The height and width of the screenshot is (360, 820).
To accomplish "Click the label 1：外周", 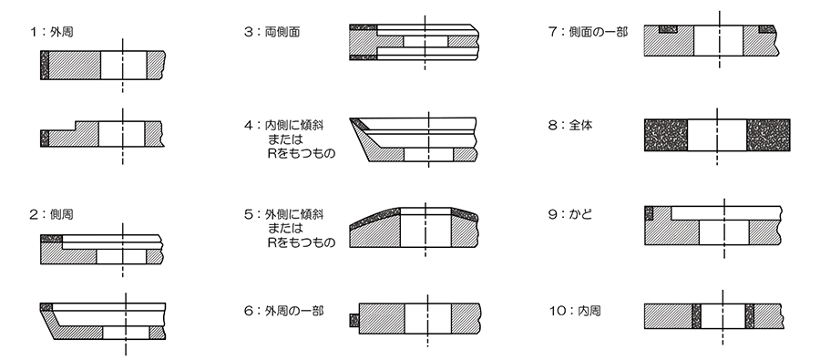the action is [x=51, y=32].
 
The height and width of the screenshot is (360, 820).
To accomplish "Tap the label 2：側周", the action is [x=51, y=214].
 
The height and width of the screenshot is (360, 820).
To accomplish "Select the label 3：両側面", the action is [x=272, y=32].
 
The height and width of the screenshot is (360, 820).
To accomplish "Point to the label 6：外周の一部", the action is [x=284, y=311].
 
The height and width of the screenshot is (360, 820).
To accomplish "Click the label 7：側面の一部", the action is [x=588, y=32].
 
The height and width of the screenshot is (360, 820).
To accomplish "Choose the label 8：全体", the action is [x=570, y=126].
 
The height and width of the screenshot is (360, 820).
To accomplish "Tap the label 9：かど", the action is [x=570, y=214].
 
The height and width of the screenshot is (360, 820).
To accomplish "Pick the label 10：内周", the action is [x=575, y=311].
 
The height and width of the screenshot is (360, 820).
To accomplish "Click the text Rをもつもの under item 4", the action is [x=302, y=154].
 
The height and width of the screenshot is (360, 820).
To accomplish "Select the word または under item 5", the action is [x=285, y=228].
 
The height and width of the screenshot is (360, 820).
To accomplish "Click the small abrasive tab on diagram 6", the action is [x=354, y=320].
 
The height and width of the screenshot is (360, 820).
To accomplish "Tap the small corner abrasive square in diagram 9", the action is [x=649, y=213].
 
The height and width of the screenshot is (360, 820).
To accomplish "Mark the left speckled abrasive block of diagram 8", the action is [x=666, y=135].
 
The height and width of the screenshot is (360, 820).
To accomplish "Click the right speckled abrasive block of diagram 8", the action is [x=768, y=135].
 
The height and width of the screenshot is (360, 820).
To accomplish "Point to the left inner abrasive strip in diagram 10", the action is [x=696, y=316].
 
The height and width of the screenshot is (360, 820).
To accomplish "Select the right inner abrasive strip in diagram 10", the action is [x=750, y=316].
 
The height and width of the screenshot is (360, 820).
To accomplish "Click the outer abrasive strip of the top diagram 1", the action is [x=45, y=65].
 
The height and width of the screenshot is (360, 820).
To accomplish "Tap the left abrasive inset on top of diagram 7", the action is [x=668, y=29].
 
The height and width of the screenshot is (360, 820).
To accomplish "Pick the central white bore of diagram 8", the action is [x=717, y=135].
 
